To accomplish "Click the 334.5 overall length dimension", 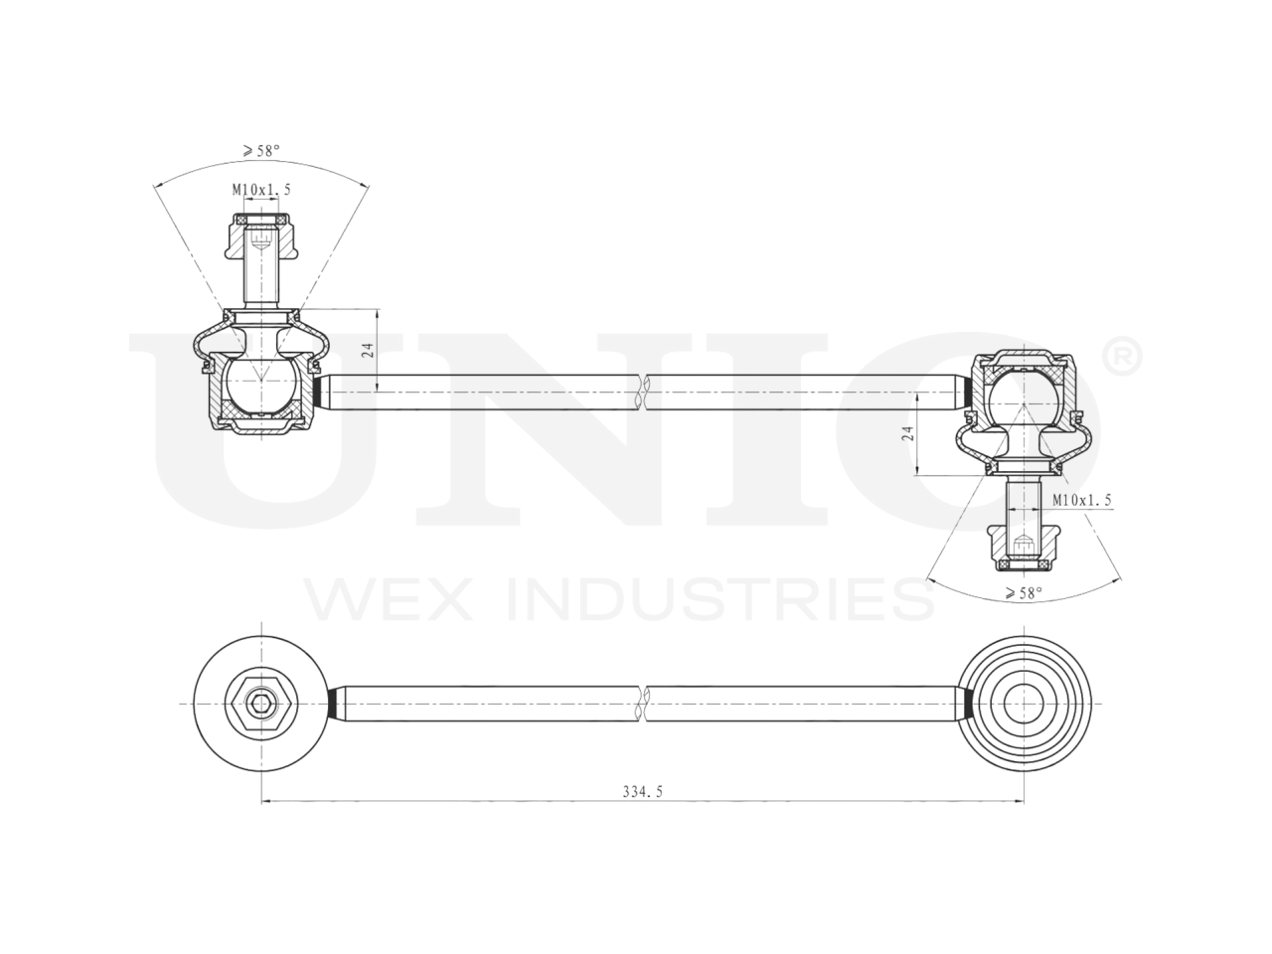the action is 642,792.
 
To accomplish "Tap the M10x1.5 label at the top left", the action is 261,189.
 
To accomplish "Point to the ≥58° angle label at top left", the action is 260,151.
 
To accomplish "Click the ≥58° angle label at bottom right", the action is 1023,593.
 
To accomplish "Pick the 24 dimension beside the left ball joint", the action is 366,349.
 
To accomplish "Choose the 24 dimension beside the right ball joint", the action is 906,434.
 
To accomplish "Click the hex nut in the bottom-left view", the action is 260,704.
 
